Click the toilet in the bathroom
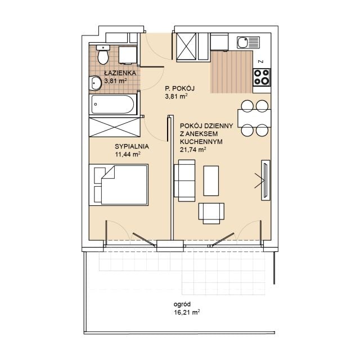[x=103, y=55]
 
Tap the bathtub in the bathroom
[x=112, y=105]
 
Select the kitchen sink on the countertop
[x=248, y=43]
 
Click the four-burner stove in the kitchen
[x=262, y=77]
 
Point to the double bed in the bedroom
[x=119, y=184]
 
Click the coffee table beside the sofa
[x=211, y=181]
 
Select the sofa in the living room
[x=184, y=181]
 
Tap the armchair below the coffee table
[x=211, y=213]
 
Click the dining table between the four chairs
[x=254, y=119]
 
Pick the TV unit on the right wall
[x=265, y=180]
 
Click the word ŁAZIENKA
[x=120, y=73]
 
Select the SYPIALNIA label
[x=132, y=146]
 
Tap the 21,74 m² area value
[x=193, y=150]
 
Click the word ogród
[x=182, y=304]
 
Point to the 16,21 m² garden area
[x=187, y=312]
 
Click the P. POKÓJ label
[x=180, y=88]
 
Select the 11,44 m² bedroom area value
[x=128, y=154]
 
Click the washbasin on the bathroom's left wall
[x=95, y=83]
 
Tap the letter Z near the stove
[x=260, y=61]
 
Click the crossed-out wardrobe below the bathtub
[x=115, y=127]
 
